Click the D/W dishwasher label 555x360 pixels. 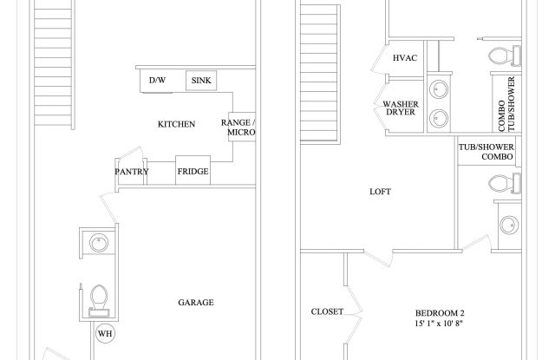(157, 81)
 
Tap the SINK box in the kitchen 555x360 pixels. (201, 81)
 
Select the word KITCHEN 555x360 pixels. (176, 124)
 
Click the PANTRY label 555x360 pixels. (132, 172)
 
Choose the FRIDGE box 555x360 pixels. (193, 171)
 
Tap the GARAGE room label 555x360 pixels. (196, 303)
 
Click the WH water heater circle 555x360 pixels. (105, 334)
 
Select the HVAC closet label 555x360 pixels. (406, 58)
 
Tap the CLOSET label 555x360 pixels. (327, 311)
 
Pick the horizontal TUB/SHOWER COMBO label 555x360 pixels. (486, 152)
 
